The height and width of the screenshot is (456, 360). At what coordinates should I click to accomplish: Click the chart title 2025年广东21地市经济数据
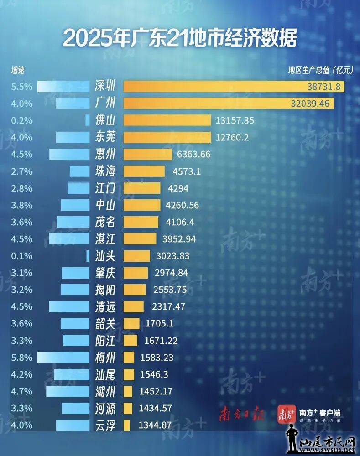coord(180,38)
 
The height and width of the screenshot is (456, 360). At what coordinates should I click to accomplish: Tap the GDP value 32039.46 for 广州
coord(310,104)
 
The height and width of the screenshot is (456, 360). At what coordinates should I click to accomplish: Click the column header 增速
coord(18,70)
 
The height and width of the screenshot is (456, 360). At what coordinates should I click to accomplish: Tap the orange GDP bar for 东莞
coord(167,137)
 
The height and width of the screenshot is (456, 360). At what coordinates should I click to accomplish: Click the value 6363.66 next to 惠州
coord(193,154)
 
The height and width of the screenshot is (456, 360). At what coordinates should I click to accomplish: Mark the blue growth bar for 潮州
coord(68,391)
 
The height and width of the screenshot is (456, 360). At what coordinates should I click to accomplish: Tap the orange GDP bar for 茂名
coord(141,222)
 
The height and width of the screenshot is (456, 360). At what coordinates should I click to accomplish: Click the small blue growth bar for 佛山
coord(87,120)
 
